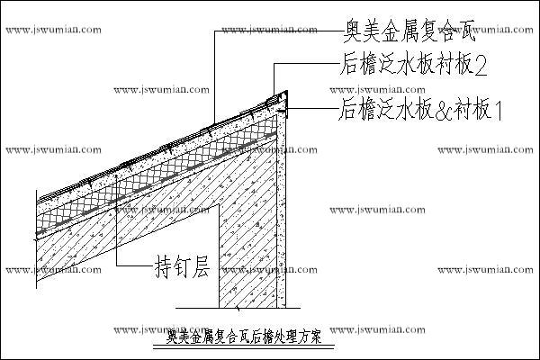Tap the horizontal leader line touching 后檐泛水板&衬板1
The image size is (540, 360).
(310, 109)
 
